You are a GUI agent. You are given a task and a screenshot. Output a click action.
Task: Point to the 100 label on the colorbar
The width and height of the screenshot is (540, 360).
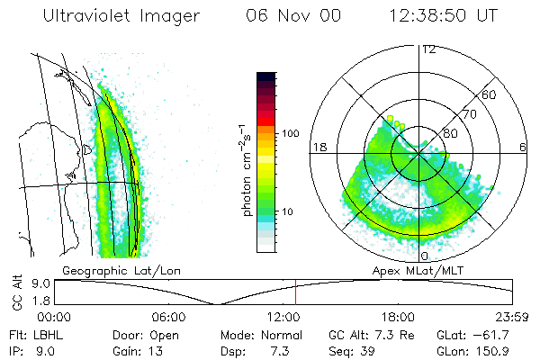289,133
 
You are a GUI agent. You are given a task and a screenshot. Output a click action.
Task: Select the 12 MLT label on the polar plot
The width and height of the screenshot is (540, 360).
429,49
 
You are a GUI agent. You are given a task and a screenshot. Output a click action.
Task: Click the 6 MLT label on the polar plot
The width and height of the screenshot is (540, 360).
522,147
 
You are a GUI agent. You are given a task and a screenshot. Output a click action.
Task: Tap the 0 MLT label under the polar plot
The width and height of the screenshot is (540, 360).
425,256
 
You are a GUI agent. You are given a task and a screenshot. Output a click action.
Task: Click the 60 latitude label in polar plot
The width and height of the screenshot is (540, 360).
490,94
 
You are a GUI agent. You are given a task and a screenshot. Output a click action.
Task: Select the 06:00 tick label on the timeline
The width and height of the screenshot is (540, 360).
168,316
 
